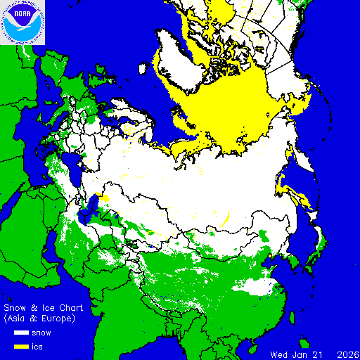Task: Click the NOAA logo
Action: pos(22,22)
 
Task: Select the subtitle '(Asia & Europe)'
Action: pos(39,319)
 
